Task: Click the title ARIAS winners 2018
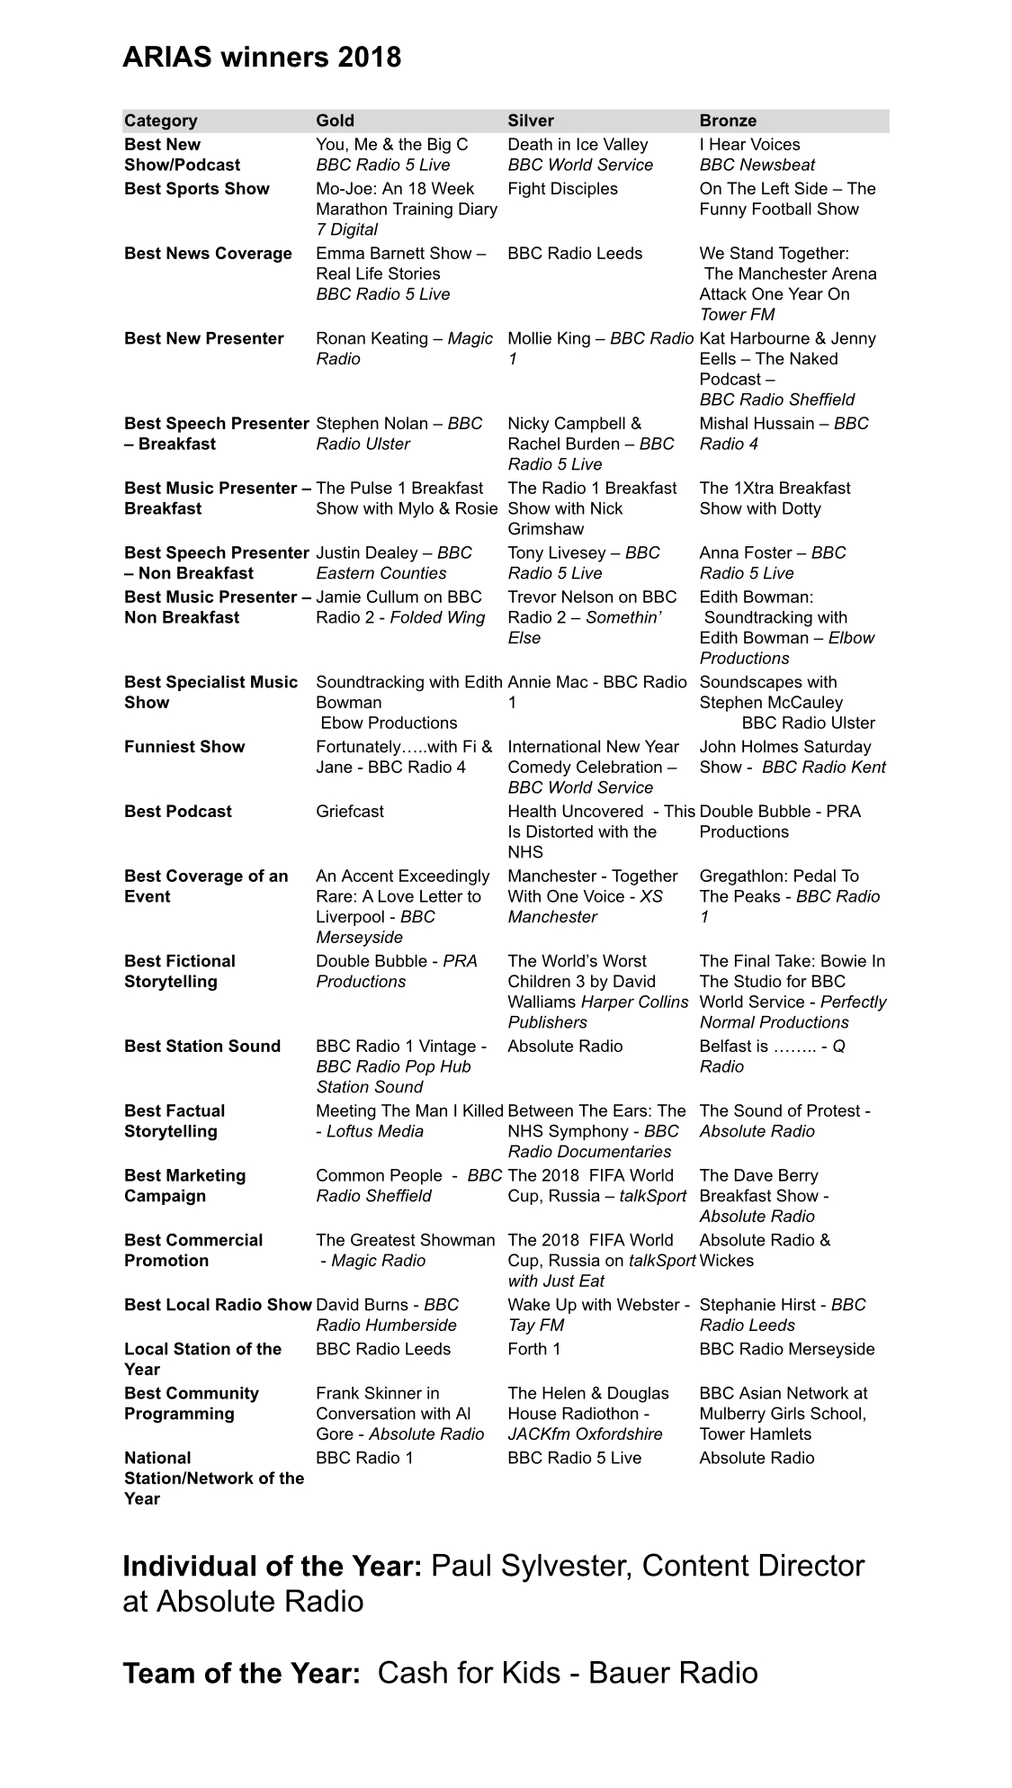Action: click(x=262, y=58)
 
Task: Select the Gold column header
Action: click(x=335, y=121)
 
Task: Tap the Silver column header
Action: click(x=531, y=121)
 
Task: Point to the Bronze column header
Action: click(x=728, y=121)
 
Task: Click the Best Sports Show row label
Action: click(x=196, y=189)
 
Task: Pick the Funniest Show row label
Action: click(x=184, y=747)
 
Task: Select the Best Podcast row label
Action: click(x=178, y=812)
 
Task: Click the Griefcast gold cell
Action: click(x=349, y=812)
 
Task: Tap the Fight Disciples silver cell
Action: click(x=562, y=189)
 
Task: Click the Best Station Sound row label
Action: click(x=202, y=1047)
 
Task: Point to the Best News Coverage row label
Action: click(x=208, y=254)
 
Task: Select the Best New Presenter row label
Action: click(x=203, y=339)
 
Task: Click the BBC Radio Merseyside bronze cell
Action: click(x=786, y=1349)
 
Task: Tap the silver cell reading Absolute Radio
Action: click(x=565, y=1047)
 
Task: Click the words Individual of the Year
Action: click(x=272, y=1567)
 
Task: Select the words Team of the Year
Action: click(x=241, y=1674)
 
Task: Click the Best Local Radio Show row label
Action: click(x=218, y=1305)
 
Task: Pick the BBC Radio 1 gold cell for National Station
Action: click(x=363, y=1458)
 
